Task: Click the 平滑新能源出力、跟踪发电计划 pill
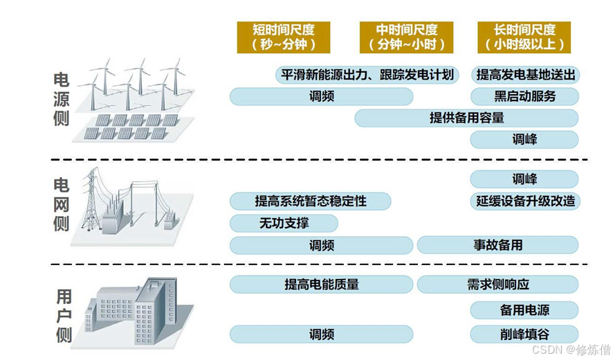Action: pos(367,75)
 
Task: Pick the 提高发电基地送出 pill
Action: pos(524,75)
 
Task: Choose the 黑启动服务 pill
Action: pos(524,96)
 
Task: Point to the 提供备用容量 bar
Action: pos(466,118)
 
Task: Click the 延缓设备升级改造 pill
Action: pos(524,201)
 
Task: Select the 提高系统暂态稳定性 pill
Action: pos(310,201)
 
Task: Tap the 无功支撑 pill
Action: pos(284,223)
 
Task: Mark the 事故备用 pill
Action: pos(497,245)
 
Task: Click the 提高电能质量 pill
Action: pos(321,284)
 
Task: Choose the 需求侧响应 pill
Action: pos(497,284)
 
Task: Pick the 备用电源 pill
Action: pos(524,310)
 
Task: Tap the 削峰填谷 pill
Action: pos(524,334)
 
